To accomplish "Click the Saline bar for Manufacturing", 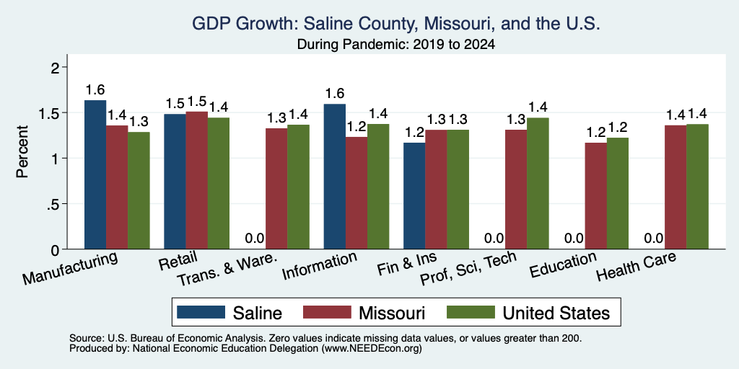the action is pyautogui.click(x=95, y=174).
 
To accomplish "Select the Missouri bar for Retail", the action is pyautogui.click(x=196, y=180).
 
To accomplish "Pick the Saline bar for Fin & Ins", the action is pyautogui.click(x=414, y=196).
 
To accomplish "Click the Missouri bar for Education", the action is pyautogui.click(x=595, y=196).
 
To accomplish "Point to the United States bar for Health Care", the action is pyautogui.click(x=698, y=187).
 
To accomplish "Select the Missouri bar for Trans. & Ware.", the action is pyautogui.click(x=276, y=189).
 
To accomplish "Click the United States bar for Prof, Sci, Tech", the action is pyautogui.click(x=538, y=184).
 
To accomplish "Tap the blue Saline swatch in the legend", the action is pyautogui.click(x=201, y=312).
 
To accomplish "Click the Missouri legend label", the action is pyautogui.click(x=392, y=313).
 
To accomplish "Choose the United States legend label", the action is pyautogui.click(x=556, y=313).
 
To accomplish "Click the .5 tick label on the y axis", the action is pyautogui.click(x=56, y=204).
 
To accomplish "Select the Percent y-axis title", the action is pyautogui.click(x=22, y=151).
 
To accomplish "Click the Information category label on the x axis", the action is pyautogui.click(x=320, y=267).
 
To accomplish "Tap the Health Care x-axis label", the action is pyautogui.click(x=637, y=267).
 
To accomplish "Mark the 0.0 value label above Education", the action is pyautogui.click(x=574, y=239).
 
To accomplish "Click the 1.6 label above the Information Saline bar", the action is pyautogui.click(x=335, y=94).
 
